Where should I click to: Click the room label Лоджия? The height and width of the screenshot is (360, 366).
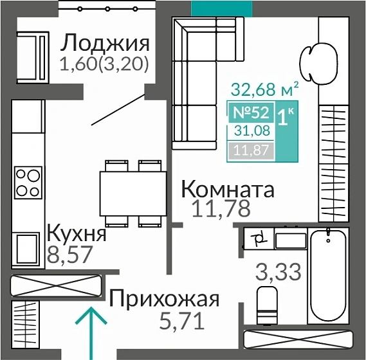105,44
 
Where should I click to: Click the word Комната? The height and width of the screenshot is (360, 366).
228,190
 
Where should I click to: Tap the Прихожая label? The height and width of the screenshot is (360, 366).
164,299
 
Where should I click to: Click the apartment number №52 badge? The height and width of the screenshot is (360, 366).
250,113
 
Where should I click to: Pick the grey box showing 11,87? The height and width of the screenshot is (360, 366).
250,151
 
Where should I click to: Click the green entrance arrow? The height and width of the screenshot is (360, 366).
90,331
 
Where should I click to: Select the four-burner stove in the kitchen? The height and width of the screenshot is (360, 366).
28,181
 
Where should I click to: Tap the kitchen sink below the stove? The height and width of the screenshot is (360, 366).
28,248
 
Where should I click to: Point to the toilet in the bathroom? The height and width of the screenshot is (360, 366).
266,307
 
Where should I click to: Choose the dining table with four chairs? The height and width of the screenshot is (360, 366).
133,193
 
